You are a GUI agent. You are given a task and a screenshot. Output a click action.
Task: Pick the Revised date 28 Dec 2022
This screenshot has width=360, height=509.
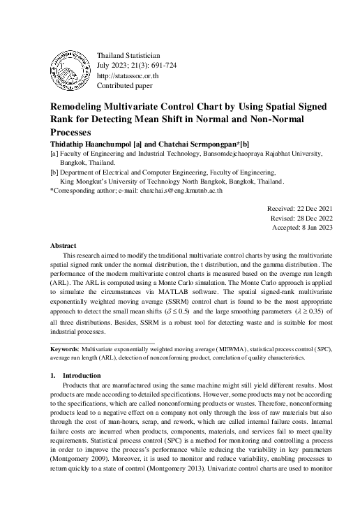(x=298, y=218)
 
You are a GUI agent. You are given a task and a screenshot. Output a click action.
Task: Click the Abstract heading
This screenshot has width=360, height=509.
(x=63, y=246)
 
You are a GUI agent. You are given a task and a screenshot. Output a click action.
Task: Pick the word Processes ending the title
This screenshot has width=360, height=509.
(x=73, y=131)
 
